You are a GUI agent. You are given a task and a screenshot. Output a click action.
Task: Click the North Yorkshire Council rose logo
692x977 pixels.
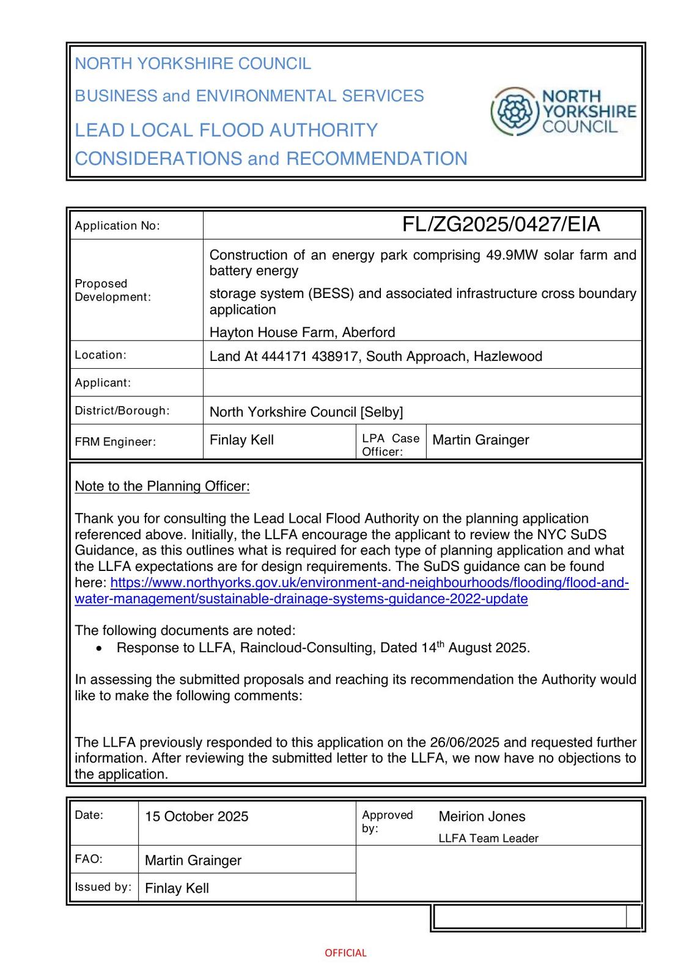515,111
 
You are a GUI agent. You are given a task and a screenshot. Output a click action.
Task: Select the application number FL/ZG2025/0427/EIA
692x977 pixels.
501,225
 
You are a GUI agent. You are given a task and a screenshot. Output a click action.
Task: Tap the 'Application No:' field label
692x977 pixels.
117,226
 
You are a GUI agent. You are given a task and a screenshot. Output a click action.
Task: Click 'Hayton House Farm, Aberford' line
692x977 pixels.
302,332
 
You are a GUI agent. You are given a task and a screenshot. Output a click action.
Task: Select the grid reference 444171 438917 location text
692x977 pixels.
310,357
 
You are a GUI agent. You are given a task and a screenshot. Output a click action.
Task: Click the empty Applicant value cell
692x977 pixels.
422,383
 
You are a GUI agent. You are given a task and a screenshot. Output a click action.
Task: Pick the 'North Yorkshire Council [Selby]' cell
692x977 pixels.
306,412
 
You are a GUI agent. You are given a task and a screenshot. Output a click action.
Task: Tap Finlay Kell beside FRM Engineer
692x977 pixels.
241,440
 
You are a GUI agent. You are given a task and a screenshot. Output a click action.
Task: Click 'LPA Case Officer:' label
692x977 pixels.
390,445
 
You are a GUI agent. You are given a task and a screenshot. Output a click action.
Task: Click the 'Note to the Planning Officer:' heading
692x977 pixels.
162,487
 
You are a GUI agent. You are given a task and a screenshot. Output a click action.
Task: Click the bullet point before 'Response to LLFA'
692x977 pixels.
99,648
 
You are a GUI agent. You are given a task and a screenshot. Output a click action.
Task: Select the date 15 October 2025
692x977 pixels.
196,817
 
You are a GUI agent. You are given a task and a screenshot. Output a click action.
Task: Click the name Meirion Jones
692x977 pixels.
482,817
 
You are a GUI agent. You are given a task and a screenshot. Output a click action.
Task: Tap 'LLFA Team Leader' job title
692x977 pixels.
488,839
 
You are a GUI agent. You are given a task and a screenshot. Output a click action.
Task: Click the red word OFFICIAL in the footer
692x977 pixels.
345,953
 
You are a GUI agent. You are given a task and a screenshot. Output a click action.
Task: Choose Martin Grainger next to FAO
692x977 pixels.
193,861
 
